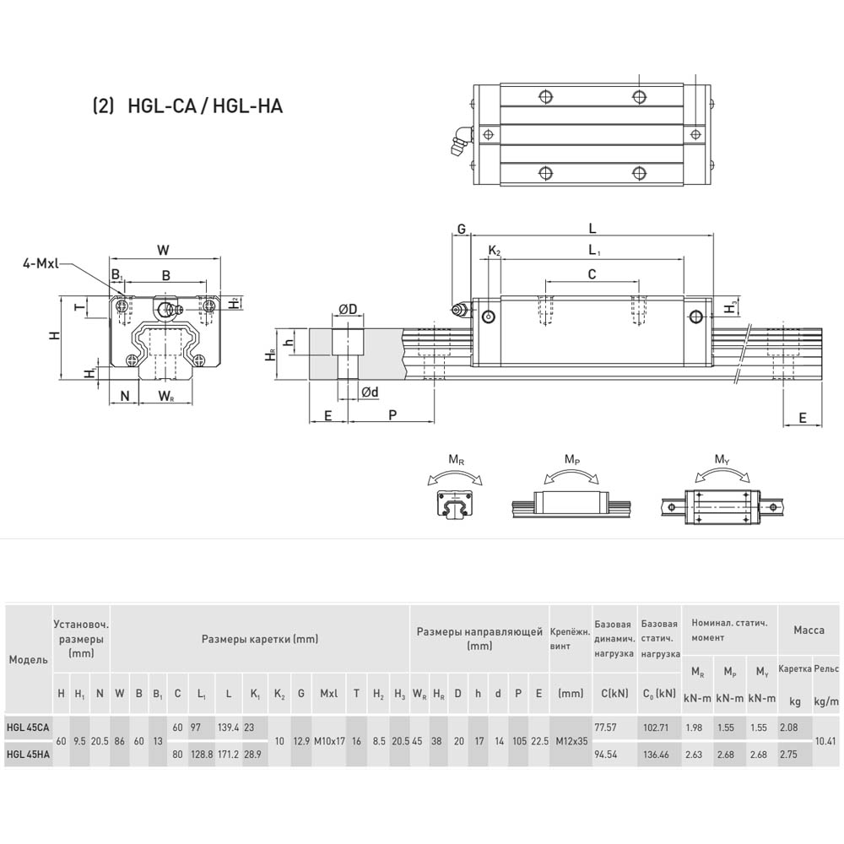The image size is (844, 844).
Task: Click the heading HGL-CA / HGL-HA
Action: point(204,105)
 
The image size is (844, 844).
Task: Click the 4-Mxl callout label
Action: point(40,263)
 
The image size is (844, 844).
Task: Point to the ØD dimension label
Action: point(349,309)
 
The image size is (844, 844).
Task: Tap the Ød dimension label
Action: point(370,392)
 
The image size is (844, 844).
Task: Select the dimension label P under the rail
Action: point(392,414)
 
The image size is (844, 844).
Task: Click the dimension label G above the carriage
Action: point(462,230)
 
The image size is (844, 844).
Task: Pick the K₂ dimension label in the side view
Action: point(494,251)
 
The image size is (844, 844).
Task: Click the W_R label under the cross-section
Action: point(165,396)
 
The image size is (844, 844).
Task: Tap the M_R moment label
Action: point(456,460)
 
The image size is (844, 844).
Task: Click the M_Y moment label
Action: point(722,460)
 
